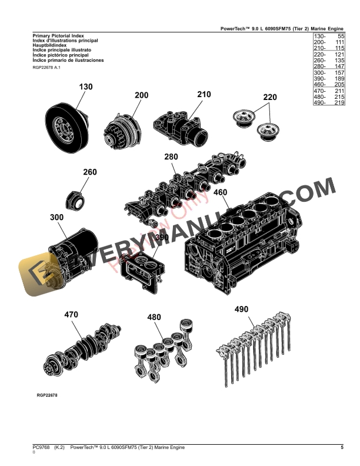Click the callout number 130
pyautogui.click(x=85, y=87)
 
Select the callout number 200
pyautogui.click(x=141, y=95)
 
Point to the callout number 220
pyautogui.click(x=269, y=98)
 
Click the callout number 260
pyautogui.click(x=89, y=172)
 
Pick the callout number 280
pyautogui.click(x=171, y=157)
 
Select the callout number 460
pyautogui.click(x=220, y=192)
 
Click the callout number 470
pyautogui.click(x=71, y=315)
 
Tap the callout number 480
pyautogui.click(x=154, y=318)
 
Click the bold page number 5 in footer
pyautogui.click(x=341, y=448)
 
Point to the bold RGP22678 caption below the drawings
pyautogui.click(x=47, y=395)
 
